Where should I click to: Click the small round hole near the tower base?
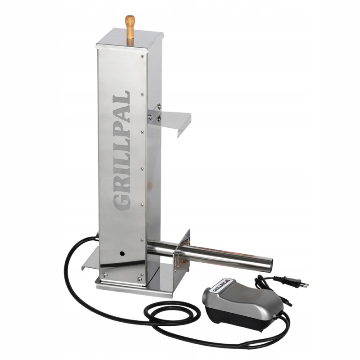pos(122,254)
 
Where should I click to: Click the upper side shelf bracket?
pos(171,121)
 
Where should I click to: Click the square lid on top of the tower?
pos(130,40)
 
